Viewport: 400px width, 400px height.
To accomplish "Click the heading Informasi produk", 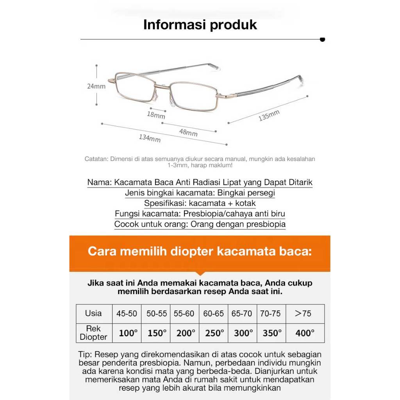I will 200,25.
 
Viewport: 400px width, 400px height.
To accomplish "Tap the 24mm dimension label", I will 96,86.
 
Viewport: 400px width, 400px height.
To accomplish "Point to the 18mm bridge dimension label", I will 156,115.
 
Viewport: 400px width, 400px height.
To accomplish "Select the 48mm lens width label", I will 188,132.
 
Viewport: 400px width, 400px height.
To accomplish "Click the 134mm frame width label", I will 150,138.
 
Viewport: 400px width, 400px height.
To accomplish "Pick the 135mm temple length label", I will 269,116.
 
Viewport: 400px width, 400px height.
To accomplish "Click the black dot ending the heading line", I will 322,39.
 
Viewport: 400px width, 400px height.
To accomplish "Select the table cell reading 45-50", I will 127,313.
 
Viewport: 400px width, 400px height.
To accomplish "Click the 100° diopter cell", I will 128,333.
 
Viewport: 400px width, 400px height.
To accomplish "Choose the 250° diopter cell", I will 214,333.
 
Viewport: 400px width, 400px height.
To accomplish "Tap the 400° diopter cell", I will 305,333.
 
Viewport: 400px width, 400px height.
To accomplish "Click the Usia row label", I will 93,313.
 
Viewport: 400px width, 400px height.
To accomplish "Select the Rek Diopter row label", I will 93,333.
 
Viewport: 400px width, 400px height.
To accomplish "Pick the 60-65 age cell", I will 214,313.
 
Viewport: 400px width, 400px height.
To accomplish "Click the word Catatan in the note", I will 96,159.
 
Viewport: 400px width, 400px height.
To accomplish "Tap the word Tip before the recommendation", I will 84,355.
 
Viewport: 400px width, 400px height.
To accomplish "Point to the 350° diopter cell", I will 272,333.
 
